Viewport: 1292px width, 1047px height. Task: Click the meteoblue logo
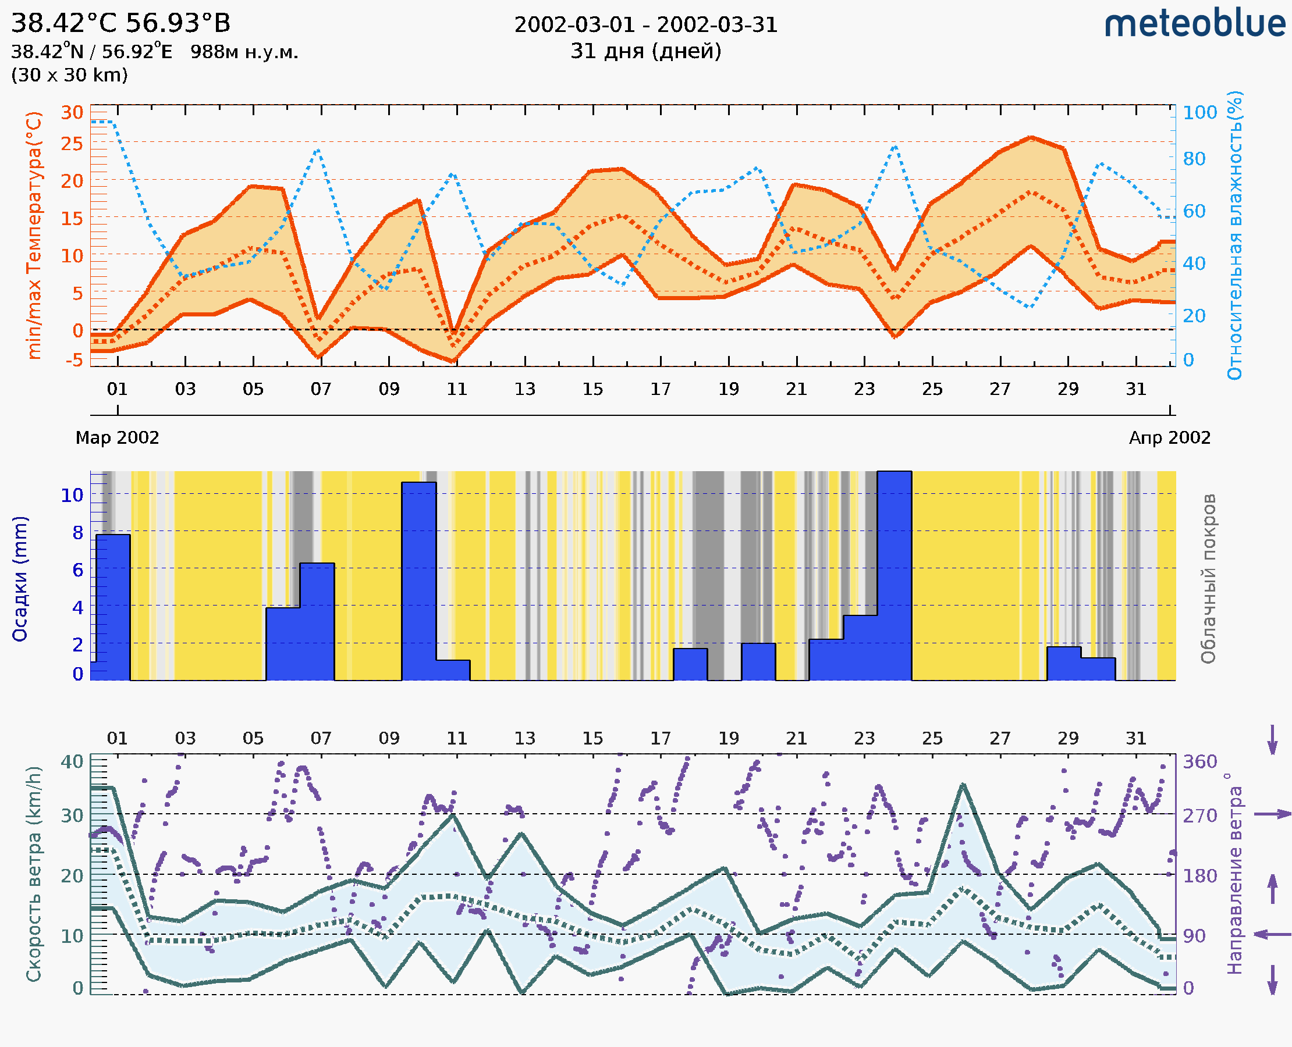pyautogui.click(x=1194, y=24)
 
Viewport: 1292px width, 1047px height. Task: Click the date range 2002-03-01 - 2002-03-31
pyautogui.click(x=645, y=25)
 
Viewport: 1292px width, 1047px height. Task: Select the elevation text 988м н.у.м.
pyautogui.click(x=244, y=52)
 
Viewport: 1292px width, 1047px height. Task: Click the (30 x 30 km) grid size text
pyautogui.click(x=69, y=75)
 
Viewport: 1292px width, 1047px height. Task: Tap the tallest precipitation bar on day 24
pyautogui.click(x=895, y=576)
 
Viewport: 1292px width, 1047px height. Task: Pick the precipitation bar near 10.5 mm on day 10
pyautogui.click(x=419, y=582)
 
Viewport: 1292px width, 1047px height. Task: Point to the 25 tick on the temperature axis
pyautogui.click(x=72, y=144)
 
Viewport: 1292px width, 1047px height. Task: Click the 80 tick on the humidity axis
pyautogui.click(x=1194, y=159)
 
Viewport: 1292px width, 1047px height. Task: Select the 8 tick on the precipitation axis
pyautogui.click(x=78, y=533)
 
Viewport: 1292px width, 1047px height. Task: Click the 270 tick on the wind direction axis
pyautogui.click(x=1199, y=815)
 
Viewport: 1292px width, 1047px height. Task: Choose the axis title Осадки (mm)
pyautogui.click(x=19, y=579)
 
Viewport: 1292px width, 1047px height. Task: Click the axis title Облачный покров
pyautogui.click(x=1208, y=579)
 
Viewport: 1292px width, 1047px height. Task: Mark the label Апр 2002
pyautogui.click(x=1170, y=437)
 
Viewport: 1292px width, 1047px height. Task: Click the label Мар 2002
pyautogui.click(x=117, y=437)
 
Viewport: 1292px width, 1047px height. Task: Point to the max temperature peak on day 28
pyautogui.click(x=1032, y=137)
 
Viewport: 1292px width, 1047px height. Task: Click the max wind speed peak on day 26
pyautogui.click(x=963, y=785)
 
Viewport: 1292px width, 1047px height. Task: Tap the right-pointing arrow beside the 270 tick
pyautogui.click(x=1272, y=814)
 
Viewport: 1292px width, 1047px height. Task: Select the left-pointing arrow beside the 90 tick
pyautogui.click(x=1272, y=935)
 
